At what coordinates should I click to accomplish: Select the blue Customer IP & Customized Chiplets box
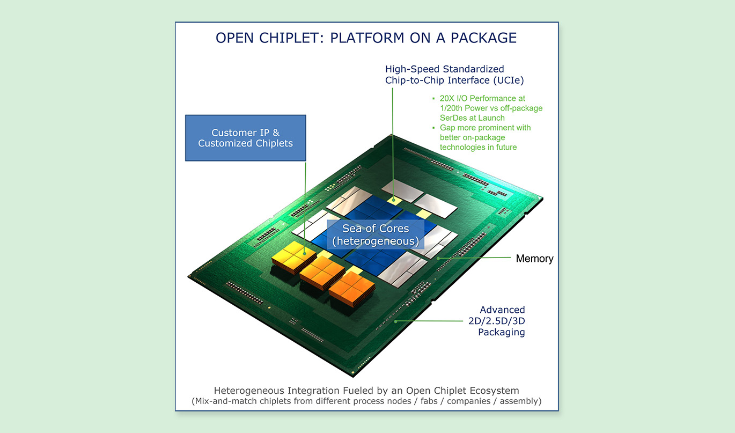(x=245, y=138)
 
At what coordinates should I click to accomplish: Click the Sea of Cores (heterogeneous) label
(x=376, y=235)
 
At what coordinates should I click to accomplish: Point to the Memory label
(x=534, y=259)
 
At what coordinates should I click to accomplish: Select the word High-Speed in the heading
(x=410, y=69)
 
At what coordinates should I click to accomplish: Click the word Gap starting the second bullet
(x=448, y=128)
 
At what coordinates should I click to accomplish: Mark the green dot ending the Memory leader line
(x=439, y=258)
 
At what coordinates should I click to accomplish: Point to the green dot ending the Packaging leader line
(x=396, y=321)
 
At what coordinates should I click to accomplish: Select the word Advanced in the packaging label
(x=502, y=310)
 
